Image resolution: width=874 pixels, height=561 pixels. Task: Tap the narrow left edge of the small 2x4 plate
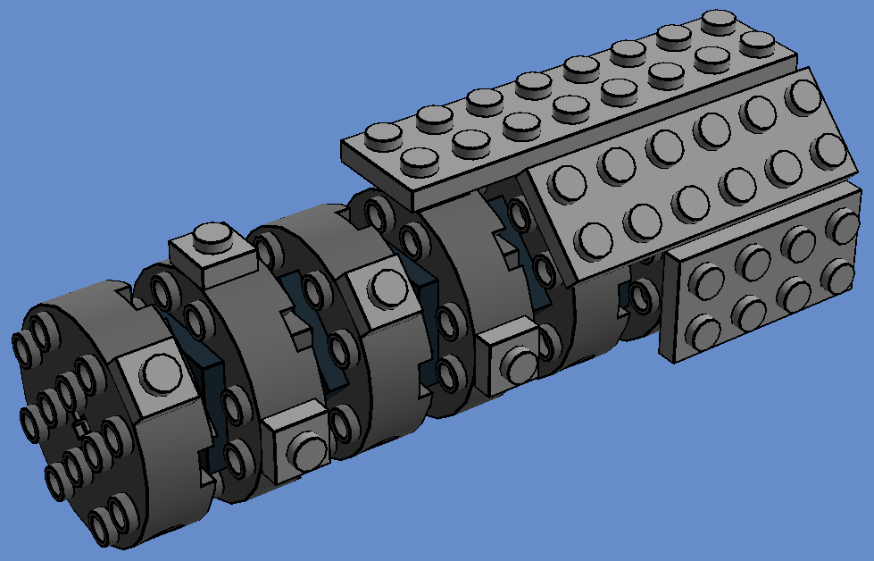(x=668, y=309)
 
